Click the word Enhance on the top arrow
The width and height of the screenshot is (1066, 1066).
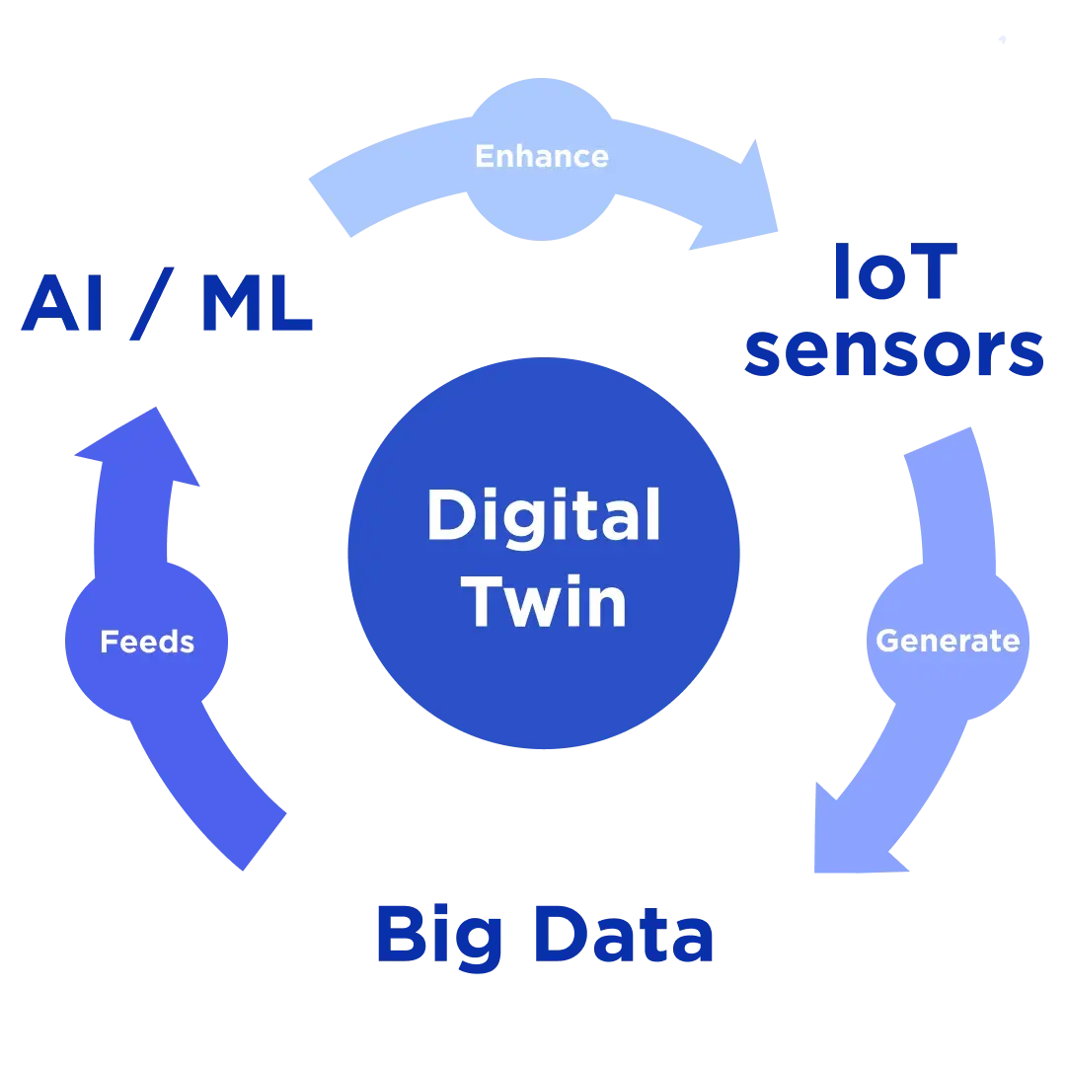point(541,156)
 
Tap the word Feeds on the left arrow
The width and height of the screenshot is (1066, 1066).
point(147,643)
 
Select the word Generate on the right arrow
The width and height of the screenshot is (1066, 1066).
point(948,641)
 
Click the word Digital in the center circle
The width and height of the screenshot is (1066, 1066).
point(543,517)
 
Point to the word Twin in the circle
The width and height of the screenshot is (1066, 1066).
point(546,601)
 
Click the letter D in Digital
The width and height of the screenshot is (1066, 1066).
point(450,517)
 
